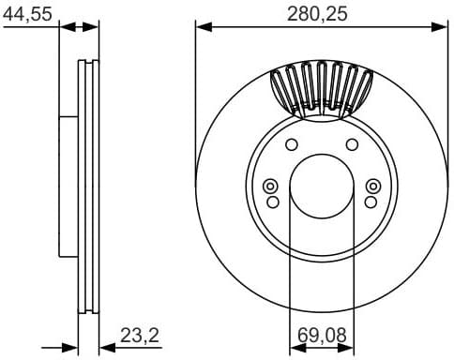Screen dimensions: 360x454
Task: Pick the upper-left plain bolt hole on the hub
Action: coord(291,143)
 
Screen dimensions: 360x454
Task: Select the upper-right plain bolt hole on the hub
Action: coord(352,143)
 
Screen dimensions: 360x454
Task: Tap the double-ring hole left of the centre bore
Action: coord(271,185)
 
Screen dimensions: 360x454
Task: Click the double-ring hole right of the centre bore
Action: coord(371,185)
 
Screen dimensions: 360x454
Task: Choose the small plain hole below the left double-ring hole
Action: coord(273,202)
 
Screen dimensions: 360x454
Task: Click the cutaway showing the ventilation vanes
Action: coord(321,89)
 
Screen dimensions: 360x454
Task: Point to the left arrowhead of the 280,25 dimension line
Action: coord(201,27)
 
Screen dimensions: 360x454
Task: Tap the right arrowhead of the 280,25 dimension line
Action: coord(442,27)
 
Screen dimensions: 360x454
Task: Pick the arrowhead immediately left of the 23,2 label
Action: coord(104,347)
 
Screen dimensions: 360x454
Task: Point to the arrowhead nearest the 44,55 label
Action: coord(65,27)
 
